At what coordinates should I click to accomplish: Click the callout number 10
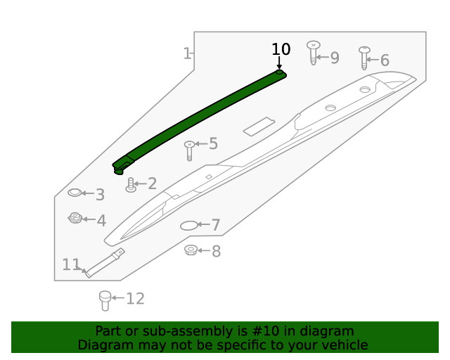[x=281, y=49]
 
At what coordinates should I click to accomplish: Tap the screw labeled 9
[x=314, y=53]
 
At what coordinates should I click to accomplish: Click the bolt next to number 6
[x=364, y=57]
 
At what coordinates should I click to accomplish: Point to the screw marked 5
[x=189, y=150]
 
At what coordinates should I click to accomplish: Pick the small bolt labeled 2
[x=131, y=185]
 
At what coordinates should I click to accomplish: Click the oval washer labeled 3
[x=75, y=193]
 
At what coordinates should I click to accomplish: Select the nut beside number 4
[x=75, y=219]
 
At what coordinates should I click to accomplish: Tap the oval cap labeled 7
[x=190, y=226]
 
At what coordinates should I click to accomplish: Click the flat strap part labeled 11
[x=105, y=262]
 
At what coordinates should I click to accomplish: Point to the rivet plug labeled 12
[x=105, y=300]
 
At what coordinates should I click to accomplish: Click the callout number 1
[x=187, y=53]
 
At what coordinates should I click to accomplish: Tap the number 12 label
[x=135, y=299]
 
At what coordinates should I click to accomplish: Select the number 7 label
[x=216, y=226]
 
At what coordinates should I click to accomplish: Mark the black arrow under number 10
[x=279, y=63]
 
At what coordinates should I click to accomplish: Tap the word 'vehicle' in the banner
[x=343, y=345]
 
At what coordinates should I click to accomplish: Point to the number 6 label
[x=385, y=60]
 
